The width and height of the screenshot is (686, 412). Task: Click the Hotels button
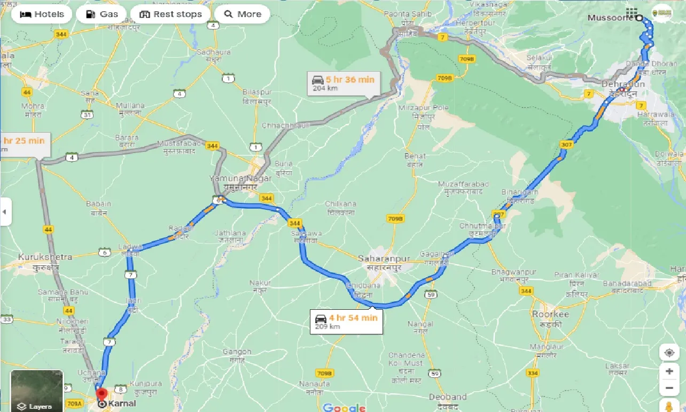[x=42, y=14]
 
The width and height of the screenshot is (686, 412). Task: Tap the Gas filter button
[x=102, y=14]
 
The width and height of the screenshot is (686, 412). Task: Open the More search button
[x=243, y=14]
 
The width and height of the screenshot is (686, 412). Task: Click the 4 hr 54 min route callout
[x=346, y=322]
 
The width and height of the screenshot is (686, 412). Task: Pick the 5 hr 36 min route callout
[x=344, y=83]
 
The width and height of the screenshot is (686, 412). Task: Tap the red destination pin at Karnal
[x=102, y=395]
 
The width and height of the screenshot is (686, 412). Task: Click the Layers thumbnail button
[x=37, y=391]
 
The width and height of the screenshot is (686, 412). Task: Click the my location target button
[x=669, y=353]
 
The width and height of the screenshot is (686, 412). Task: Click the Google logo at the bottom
[x=345, y=408]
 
